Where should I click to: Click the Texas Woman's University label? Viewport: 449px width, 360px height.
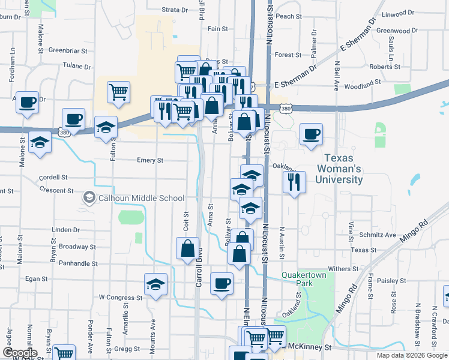click(x=344, y=169)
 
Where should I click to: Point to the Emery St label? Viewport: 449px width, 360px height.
click(x=150, y=160)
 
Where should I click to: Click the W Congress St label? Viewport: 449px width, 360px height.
click(x=120, y=297)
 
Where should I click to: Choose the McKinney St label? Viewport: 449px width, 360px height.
click(x=310, y=347)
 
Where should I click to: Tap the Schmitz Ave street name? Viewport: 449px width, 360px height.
click(x=378, y=235)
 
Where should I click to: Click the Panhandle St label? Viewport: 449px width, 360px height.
click(x=79, y=263)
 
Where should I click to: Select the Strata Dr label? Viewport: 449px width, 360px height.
click(x=176, y=10)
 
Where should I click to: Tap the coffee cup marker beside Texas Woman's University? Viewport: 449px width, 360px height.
click(x=311, y=134)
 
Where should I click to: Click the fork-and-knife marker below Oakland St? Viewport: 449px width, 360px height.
click(x=294, y=181)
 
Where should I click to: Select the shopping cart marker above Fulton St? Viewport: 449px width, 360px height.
click(x=119, y=92)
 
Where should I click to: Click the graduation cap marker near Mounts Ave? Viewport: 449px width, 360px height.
click(x=155, y=284)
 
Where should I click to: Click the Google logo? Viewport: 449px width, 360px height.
click(x=19, y=353)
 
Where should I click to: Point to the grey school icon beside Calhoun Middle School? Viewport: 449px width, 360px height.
click(x=89, y=197)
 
